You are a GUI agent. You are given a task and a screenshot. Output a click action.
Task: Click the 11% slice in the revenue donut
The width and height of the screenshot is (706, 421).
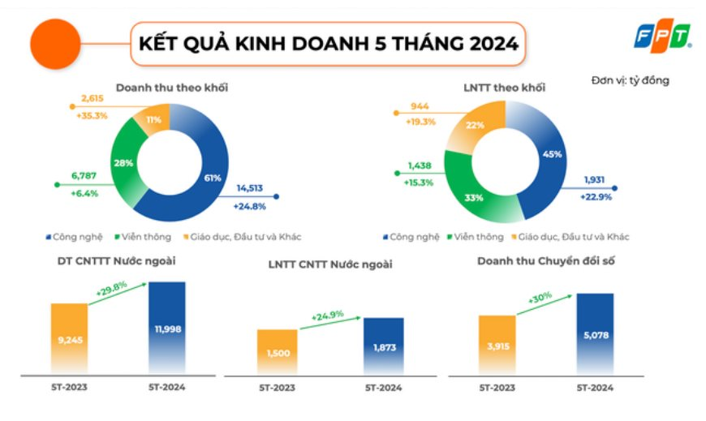[x=154, y=120]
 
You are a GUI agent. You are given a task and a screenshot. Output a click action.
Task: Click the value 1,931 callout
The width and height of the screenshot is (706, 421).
[x=596, y=180]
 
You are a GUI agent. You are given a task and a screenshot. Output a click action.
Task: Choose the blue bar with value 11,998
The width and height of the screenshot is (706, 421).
[x=167, y=327]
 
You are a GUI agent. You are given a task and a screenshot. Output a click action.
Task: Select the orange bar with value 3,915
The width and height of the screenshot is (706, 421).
[x=498, y=344]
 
